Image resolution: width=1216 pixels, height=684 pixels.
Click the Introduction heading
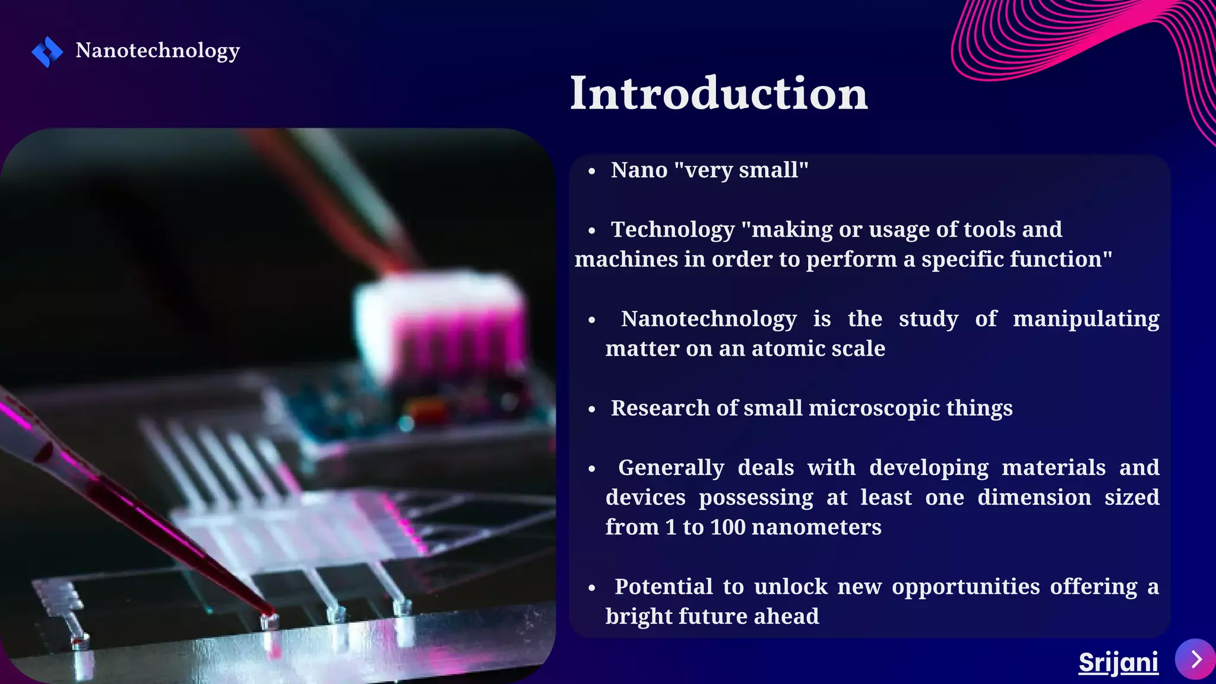tap(718, 94)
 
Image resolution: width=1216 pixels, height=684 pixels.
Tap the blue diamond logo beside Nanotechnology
tap(47, 52)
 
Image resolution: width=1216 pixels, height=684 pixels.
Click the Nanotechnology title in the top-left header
tap(157, 50)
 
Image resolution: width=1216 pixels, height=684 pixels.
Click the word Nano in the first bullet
tap(639, 170)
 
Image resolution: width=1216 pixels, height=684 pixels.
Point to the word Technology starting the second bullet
tap(673, 230)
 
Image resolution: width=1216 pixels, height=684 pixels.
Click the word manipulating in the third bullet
tap(1085, 319)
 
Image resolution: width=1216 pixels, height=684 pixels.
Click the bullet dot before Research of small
tap(591, 410)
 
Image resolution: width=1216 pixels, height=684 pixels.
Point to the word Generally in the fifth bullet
tap(671, 468)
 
